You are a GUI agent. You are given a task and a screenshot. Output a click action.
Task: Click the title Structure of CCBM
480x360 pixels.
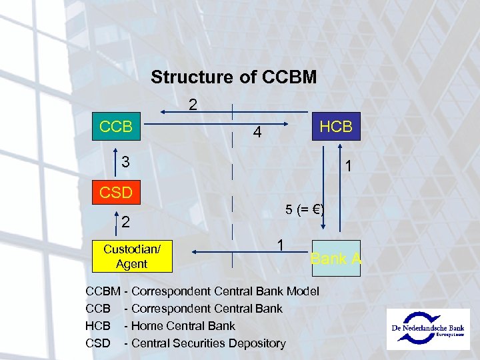tap(233, 77)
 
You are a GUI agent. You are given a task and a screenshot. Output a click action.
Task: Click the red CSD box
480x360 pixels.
tap(116, 193)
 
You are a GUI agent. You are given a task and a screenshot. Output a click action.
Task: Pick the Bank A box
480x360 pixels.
tap(336, 257)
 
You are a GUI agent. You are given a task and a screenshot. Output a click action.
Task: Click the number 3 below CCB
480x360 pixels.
tap(125, 162)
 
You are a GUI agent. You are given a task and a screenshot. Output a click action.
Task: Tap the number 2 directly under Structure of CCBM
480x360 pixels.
tap(193, 105)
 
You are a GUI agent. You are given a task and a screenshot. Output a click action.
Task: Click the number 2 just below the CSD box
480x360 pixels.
tap(125, 221)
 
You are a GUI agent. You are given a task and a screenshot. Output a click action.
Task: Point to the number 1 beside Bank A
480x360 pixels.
tap(282, 246)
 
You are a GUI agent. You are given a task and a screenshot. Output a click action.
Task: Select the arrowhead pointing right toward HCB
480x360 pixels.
tap(287, 123)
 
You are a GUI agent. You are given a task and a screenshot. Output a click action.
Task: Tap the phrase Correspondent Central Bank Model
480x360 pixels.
tap(225, 291)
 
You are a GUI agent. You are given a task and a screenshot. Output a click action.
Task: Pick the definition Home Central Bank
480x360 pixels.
tap(183, 326)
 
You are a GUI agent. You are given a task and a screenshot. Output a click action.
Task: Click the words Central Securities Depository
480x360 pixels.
tap(209, 343)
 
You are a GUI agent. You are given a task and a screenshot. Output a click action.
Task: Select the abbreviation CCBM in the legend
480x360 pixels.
tap(103, 291)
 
